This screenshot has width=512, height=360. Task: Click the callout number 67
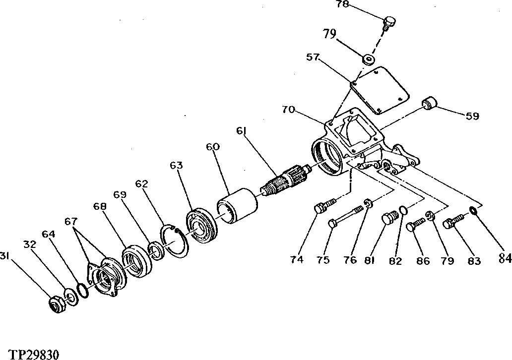(x=71, y=221)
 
